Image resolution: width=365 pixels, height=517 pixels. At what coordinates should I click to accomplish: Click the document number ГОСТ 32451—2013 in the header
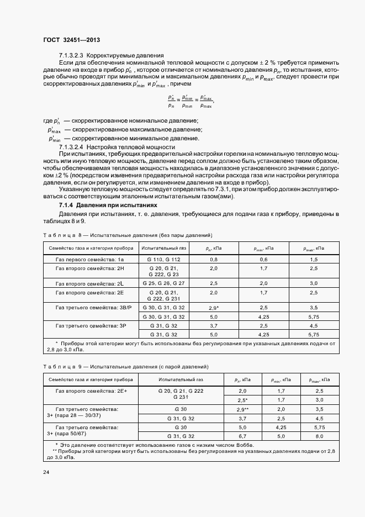click(x=71, y=39)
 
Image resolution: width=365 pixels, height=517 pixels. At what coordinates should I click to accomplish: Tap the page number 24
click(x=46, y=473)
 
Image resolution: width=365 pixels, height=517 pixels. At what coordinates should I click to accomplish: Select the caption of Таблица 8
click(x=126, y=235)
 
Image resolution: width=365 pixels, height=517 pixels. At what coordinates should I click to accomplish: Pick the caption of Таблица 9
click(x=126, y=367)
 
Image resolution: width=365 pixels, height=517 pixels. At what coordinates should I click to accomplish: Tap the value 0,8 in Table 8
click(x=214, y=259)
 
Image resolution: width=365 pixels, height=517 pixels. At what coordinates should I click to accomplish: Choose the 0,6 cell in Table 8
click(x=263, y=259)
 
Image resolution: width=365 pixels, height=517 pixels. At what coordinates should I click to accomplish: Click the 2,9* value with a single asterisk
click(x=214, y=307)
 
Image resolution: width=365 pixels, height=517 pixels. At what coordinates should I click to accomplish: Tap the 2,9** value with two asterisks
click(x=243, y=409)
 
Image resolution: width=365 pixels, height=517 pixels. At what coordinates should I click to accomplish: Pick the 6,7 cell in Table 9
click(x=243, y=436)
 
